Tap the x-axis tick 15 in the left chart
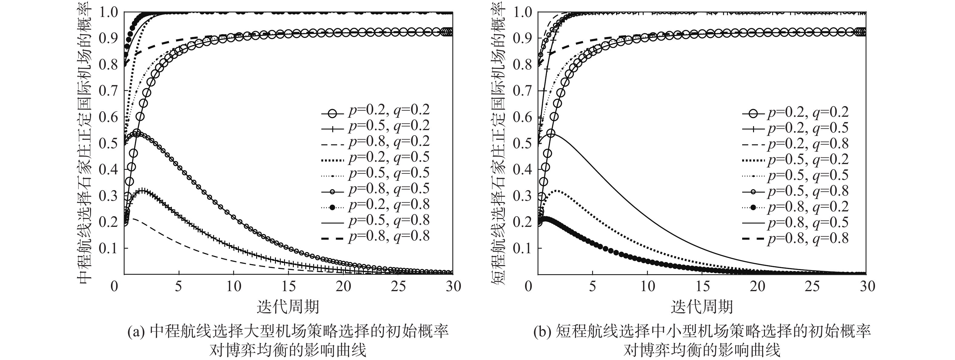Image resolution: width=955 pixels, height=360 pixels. tap(288, 286)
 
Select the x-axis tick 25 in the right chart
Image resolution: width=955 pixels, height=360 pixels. tap(812, 286)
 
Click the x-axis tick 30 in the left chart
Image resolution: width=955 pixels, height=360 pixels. tap(453, 286)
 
